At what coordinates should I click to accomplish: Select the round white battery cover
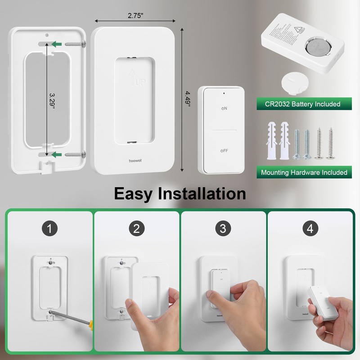pyautogui.click(x=293, y=84)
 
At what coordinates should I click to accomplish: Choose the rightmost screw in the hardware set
pyautogui.click(x=332, y=143)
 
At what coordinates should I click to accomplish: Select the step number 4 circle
pyautogui.click(x=310, y=229)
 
